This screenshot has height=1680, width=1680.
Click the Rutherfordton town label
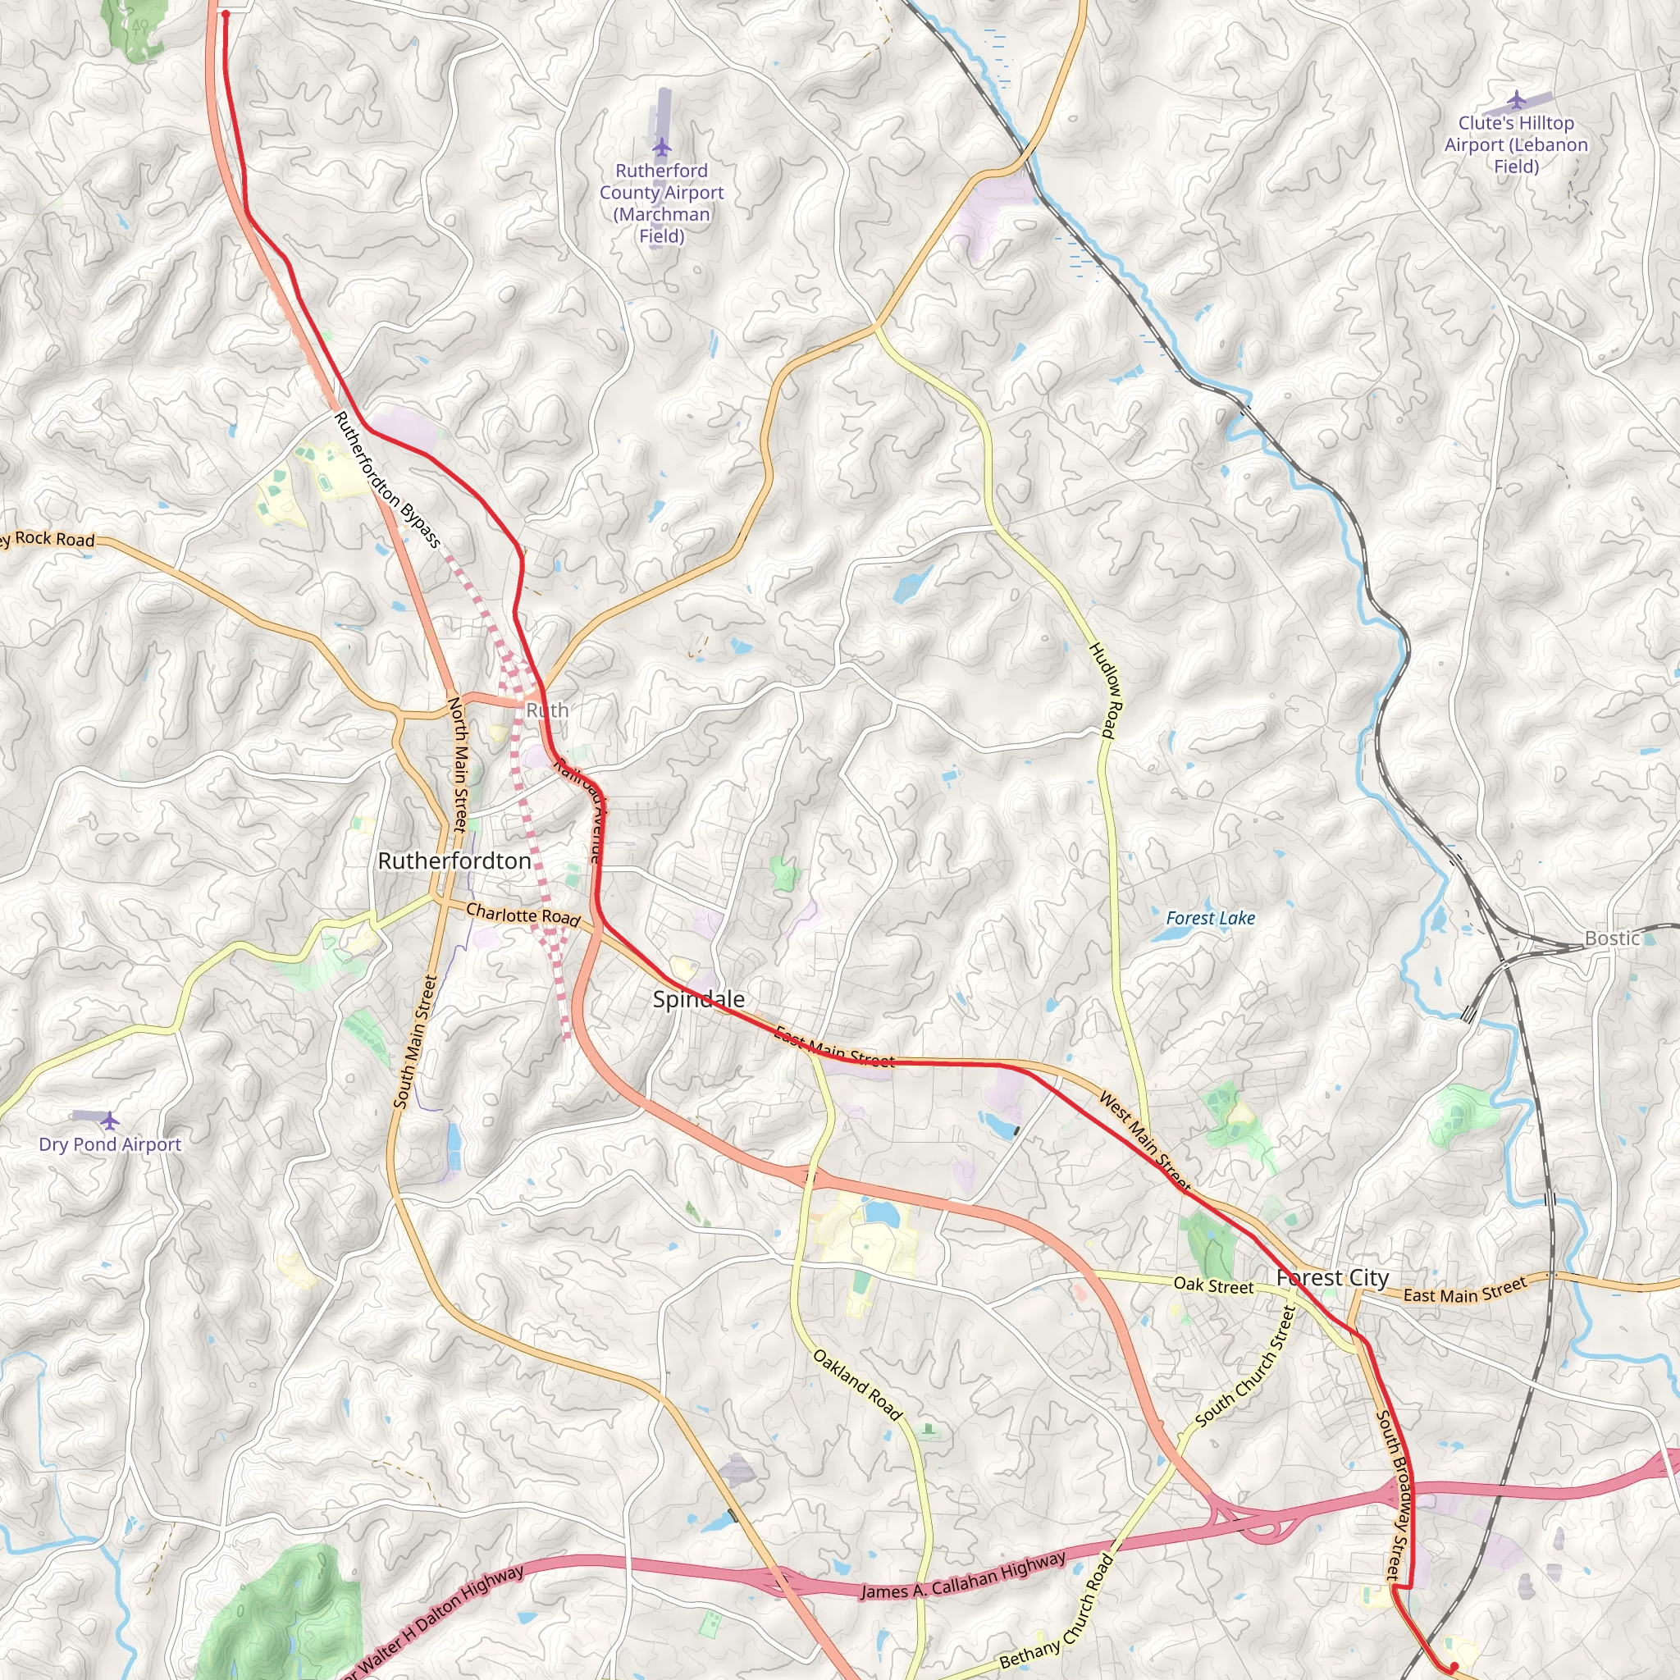click(x=454, y=861)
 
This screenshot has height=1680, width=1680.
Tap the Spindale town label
click(x=698, y=999)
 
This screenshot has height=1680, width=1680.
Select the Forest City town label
click(x=1332, y=1277)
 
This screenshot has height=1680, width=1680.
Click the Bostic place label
click(x=1612, y=938)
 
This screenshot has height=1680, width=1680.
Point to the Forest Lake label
click(x=1211, y=918)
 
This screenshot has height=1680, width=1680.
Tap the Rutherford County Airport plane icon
click(x=662, y=145)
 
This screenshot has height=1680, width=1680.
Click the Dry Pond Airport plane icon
click(x=110, y=1120)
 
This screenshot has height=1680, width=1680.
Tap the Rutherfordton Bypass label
click(x=388, y=480)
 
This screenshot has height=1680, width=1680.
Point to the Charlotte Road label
click(x=523, y=915)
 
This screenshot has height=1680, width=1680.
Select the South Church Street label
click(x=1245, y=1366)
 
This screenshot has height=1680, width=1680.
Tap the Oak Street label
click(x=1213, y=1285)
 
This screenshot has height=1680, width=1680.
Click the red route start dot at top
click(x=226, y=14)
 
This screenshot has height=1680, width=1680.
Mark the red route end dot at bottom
click(x=1454, y=1666)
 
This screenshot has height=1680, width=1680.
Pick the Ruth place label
click(x=547, y=710)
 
